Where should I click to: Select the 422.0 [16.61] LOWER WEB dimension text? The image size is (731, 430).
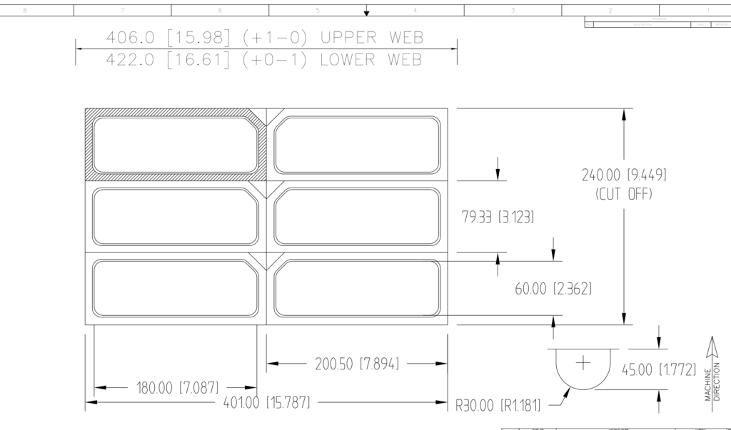point(263,60)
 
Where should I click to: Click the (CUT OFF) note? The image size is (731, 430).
point(624,193)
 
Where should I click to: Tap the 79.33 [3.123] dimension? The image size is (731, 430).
point(498,217)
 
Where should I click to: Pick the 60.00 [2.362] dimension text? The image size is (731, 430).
point(553,289)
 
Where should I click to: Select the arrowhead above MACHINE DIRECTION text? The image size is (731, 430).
point(711,345)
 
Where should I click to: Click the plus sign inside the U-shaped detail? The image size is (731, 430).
point(583,362)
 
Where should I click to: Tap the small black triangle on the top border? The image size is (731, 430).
point(367,13)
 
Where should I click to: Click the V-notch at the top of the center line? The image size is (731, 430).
point(266,117)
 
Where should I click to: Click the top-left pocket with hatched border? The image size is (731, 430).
point(175,145)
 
